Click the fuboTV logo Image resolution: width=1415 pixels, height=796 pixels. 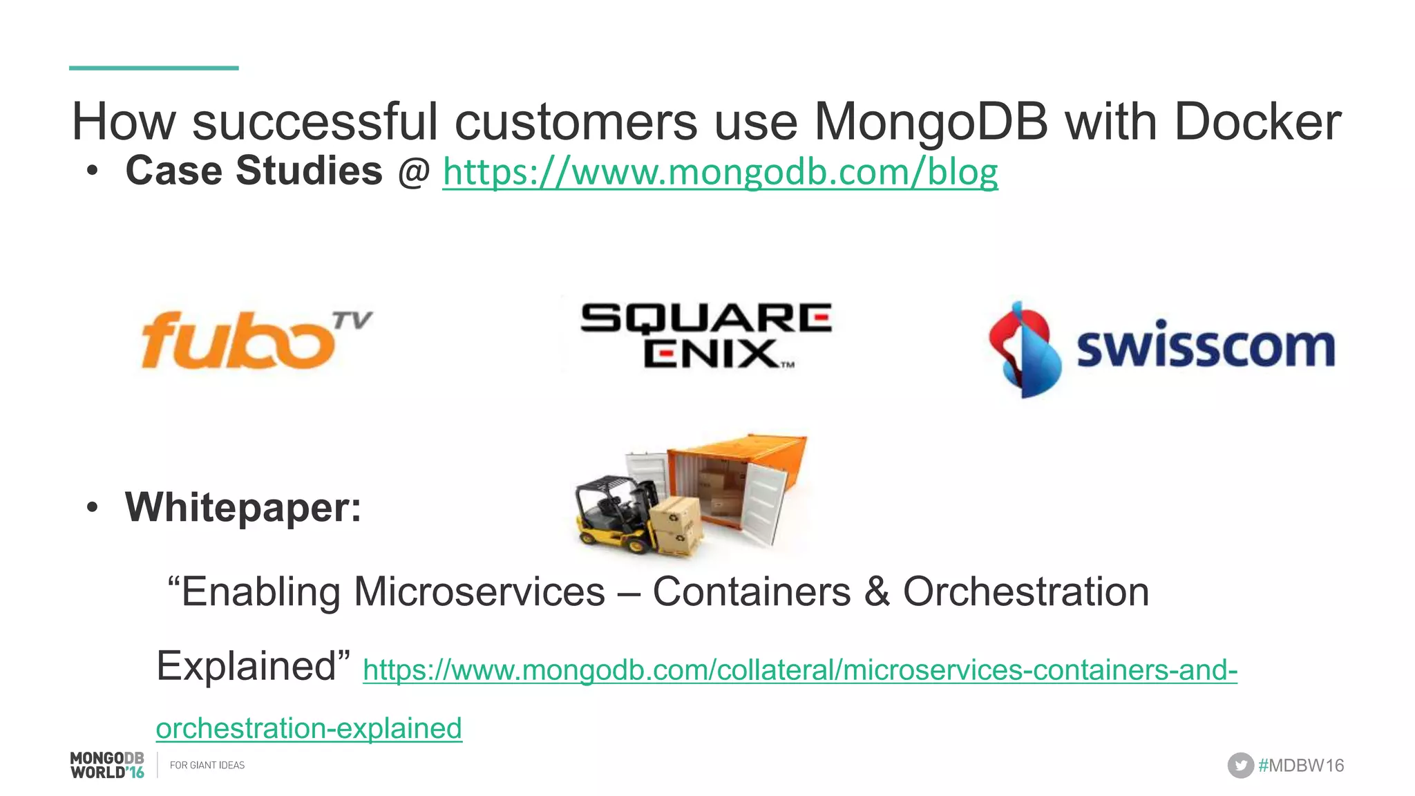click(256, 340)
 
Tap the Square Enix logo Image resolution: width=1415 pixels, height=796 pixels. click(705, 336)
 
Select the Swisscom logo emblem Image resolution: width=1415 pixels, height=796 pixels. click(1024, 350)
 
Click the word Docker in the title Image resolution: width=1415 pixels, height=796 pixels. click(1257, 122)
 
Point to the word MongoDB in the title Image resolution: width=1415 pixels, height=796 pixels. click(931, 122)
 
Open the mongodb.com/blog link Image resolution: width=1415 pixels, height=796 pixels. click(720, 172)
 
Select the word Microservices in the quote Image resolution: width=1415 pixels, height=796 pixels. click(479, 592)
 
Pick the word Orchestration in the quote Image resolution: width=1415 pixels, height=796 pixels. click(1026, 592)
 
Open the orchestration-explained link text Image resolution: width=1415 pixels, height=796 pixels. click(309, 728)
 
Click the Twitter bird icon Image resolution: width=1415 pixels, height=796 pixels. click(1240, 766)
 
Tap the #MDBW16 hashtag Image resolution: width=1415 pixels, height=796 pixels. click(1301, 766)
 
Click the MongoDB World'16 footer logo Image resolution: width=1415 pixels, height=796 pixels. click(107, 766)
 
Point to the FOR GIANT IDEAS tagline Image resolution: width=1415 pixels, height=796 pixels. click(207, 766)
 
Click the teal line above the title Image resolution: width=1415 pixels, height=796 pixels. click(153, 68)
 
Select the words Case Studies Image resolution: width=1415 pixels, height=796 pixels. click(254, 171)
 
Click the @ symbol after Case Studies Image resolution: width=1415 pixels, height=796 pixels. click(414, 172)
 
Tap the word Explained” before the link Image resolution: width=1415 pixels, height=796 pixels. click(253, 666)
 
